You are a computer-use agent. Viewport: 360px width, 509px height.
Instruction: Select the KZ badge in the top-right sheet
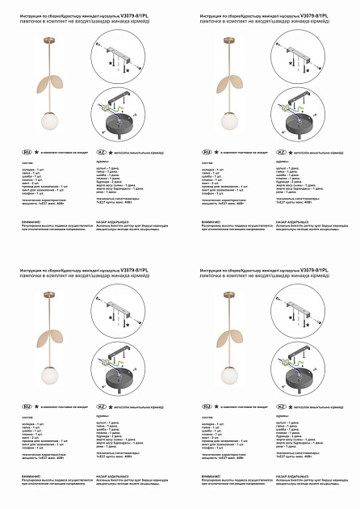(x=282, y=151)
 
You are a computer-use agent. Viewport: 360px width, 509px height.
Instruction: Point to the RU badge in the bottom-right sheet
(x=207, y=406)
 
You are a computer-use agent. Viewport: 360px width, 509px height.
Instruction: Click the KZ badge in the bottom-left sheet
(x=101, y=406)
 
